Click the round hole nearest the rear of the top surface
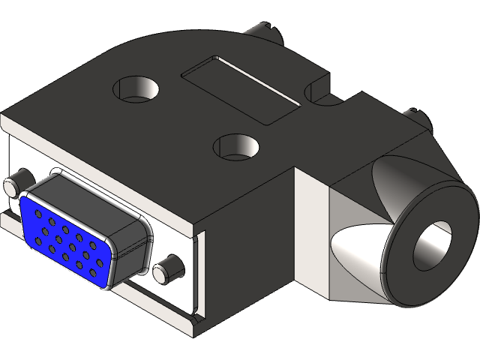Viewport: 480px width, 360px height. [x=133, y=88]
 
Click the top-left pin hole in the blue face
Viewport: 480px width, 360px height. [x=40, y=213]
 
